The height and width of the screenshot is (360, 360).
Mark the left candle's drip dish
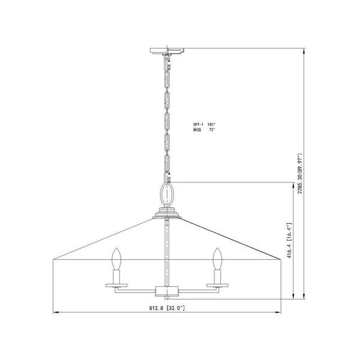(x=118, y=283)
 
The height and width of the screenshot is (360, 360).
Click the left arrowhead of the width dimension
(x=55, y=313)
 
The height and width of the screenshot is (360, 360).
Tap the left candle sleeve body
(x=118, y=275)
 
